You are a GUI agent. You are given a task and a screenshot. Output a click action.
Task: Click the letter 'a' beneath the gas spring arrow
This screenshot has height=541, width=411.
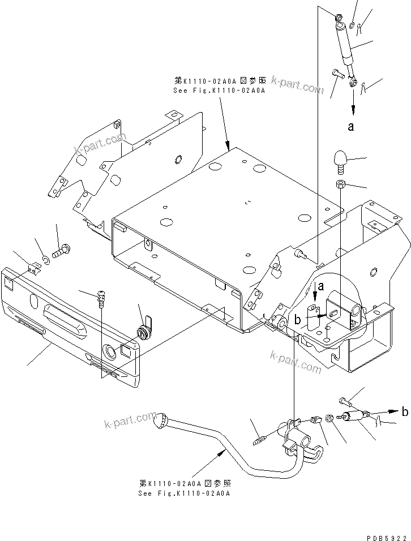click(351, 127)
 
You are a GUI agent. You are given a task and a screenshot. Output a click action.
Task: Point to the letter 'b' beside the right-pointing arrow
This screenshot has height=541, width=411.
click(404, 412)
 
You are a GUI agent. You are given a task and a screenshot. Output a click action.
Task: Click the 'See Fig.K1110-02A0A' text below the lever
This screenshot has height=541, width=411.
click(185, 492)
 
